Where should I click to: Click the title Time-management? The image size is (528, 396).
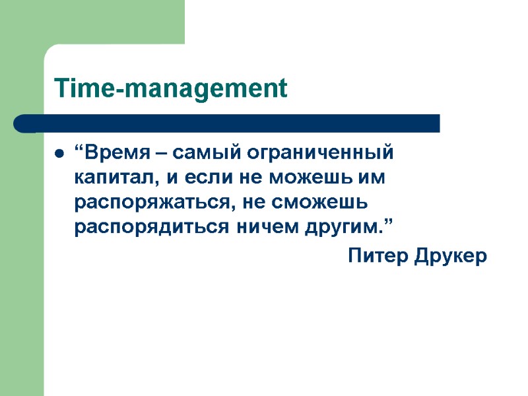point(171,88)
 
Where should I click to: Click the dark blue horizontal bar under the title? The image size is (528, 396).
point(228,123)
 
